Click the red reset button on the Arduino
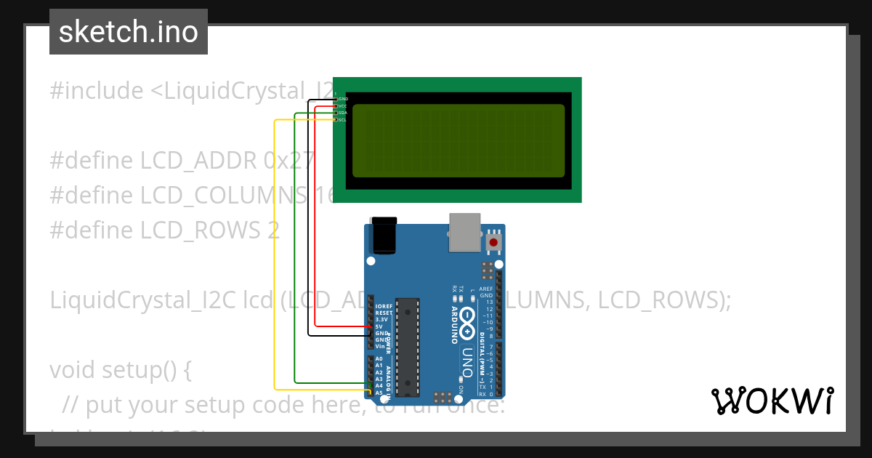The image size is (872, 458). tap(494, 242)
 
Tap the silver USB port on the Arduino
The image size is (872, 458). tap(464, 231)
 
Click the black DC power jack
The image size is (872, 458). tap(383, 234)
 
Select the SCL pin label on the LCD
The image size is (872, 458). tap(342, 120)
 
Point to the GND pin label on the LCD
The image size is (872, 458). tap(343, 98)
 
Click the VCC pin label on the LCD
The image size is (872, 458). tap(342, 105)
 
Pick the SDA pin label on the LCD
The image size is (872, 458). tap(342, 113)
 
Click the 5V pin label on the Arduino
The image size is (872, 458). tap(379, 326)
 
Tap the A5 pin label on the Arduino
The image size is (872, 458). tap(379, 393)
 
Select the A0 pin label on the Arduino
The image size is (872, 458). tap(379, 358)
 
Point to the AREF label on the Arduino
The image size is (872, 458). tap(486, 289)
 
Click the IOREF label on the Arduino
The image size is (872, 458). tap(383, 307)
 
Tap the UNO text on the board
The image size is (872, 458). tap(467, 362)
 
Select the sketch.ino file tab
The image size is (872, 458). tap(129, 32)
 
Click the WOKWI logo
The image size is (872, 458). tap(772, 401)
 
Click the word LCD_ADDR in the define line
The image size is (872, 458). tap(198, 160)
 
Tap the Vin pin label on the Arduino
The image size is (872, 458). tap(379, 346)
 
